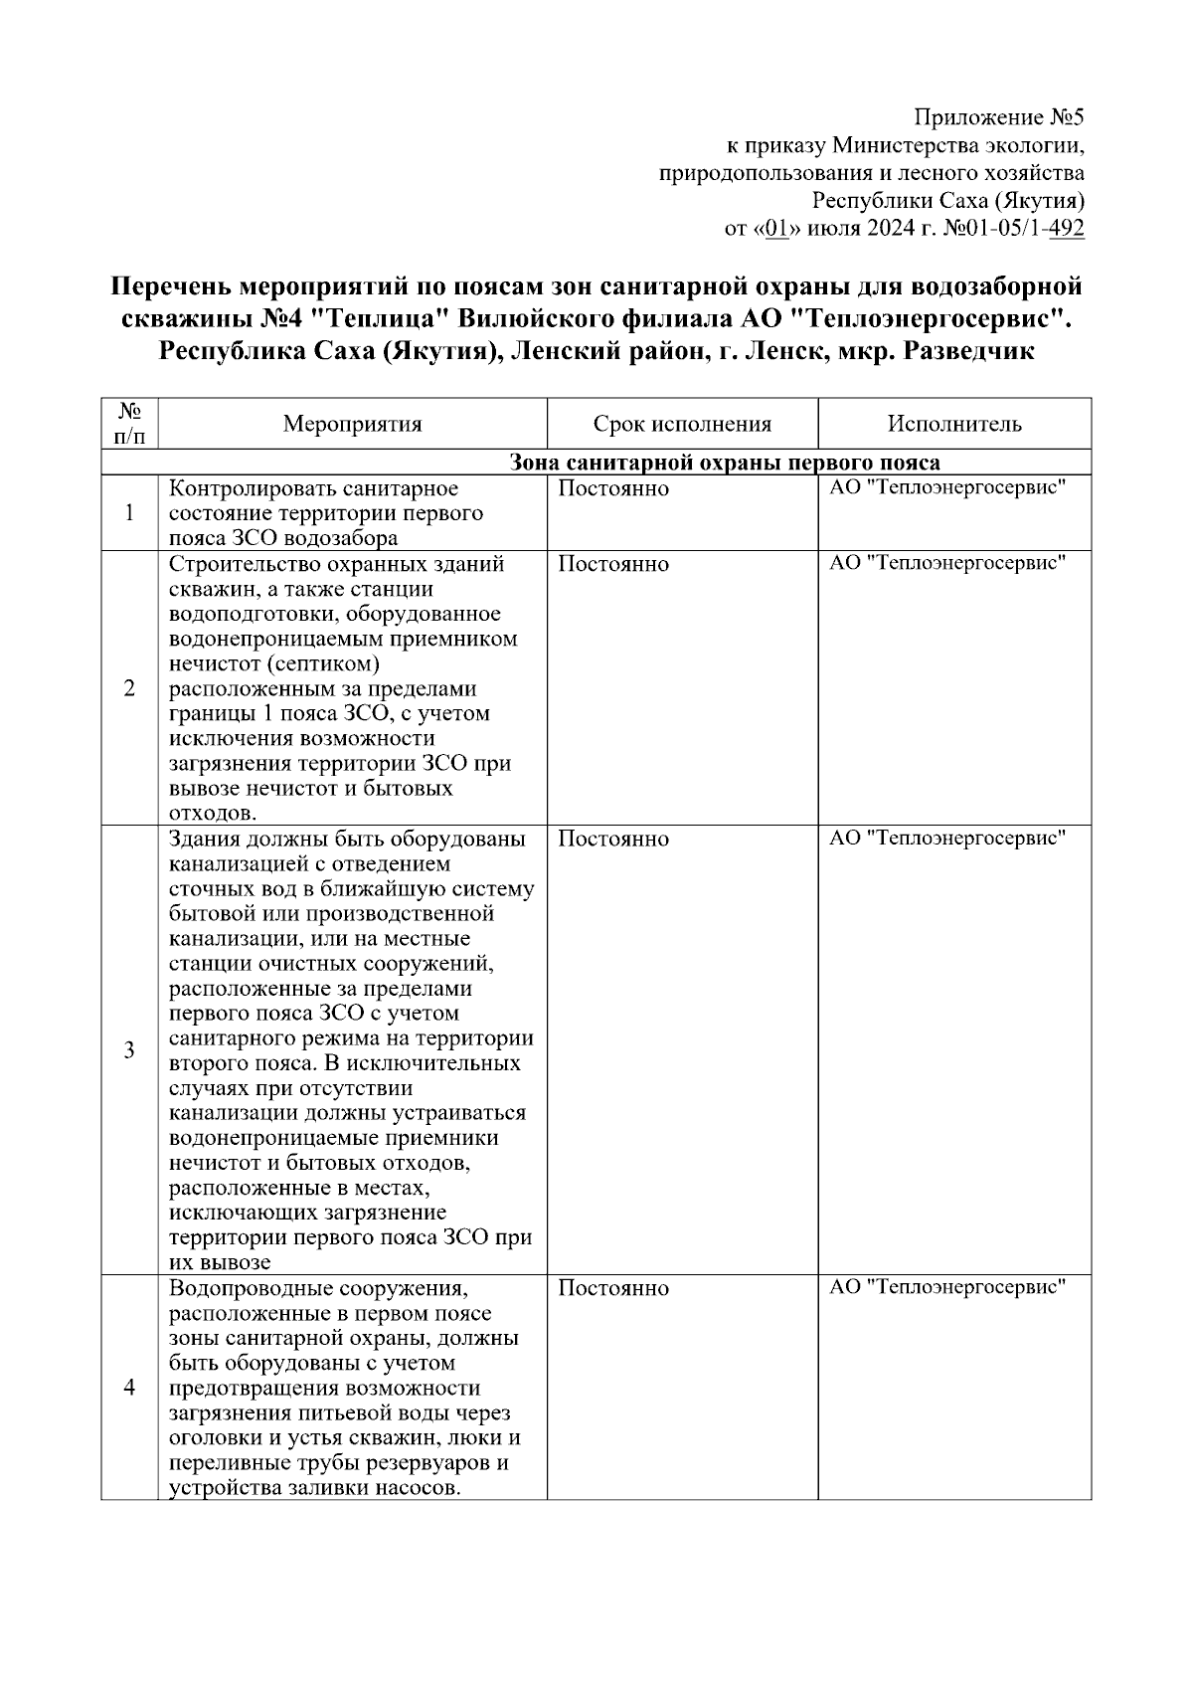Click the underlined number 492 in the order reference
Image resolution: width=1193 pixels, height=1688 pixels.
click(1067, 230)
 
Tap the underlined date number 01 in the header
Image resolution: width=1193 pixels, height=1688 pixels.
click(777, 230)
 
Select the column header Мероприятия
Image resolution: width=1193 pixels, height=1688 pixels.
click(352, 425)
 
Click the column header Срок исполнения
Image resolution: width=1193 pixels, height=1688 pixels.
click(682, 425)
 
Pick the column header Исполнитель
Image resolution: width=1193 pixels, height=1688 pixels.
click(954, 425)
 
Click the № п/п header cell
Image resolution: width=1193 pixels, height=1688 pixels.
click(129, 424)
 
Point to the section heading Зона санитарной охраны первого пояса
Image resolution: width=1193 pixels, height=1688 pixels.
click(725, 463)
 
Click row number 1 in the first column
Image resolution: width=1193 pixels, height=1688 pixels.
click(129, 513)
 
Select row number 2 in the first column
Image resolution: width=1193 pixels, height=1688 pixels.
click(129, 688)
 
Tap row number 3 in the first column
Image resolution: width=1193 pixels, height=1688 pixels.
click(129, 1050)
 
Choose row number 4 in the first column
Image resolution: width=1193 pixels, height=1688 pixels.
click(129, 1388)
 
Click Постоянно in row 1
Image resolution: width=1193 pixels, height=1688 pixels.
click(613, 488)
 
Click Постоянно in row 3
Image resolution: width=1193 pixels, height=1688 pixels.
click(613, 839)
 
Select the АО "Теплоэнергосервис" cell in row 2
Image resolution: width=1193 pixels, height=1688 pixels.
click(947, 563)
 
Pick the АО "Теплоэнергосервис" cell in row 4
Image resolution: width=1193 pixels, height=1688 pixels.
click(947, 1287)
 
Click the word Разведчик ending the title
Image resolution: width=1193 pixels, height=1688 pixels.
click(968, 351)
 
